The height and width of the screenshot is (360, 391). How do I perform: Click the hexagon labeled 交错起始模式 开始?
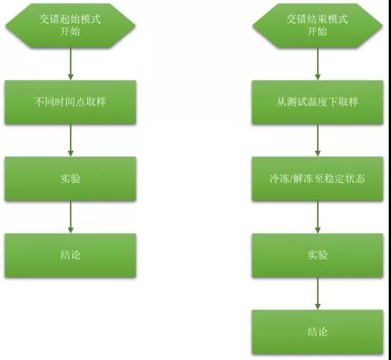[x=70, y=25]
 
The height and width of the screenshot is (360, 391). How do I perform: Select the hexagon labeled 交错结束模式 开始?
[x=317, y=25]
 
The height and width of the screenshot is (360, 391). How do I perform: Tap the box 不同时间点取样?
[x=70, y=102]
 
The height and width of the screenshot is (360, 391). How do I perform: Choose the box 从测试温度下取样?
[x=317, y=102]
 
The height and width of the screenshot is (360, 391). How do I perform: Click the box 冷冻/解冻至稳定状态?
[x=317, y=178]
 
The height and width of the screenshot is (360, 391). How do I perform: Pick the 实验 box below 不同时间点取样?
[x=70, y=178]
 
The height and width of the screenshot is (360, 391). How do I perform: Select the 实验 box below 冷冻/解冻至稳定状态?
[x=317, y=255]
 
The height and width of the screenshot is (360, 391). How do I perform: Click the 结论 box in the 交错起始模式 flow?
[x=70, y=255]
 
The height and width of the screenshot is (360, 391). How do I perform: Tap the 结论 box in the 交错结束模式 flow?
[x=317, y=332]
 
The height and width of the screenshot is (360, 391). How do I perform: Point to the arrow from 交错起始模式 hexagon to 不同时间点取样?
[x=71, y=64]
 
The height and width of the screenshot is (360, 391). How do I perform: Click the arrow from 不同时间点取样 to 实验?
[x=71, y=141]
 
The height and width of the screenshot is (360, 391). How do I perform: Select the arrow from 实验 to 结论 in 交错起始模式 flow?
[x=71, y=217]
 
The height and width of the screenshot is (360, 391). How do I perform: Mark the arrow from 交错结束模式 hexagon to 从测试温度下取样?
[x=318, y=64]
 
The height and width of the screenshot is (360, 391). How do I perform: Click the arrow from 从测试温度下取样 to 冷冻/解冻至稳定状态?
[x=318, y=141]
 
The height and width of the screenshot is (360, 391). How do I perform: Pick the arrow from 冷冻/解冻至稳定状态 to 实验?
[x=318, y=217]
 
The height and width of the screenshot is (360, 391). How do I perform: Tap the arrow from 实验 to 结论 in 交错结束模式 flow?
[x=318, y=294]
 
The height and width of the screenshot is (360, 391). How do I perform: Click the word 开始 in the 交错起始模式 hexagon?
[x=70, y=32]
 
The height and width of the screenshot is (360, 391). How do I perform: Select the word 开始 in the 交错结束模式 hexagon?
[x=317, y=32]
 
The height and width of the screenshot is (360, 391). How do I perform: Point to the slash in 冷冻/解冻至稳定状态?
[x=291, y=178]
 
